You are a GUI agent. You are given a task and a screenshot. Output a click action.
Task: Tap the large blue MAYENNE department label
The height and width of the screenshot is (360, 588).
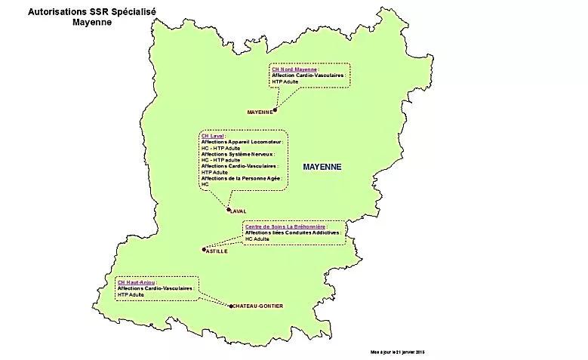click(322, 167)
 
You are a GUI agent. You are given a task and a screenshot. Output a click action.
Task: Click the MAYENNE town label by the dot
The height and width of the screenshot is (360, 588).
click(259, 112)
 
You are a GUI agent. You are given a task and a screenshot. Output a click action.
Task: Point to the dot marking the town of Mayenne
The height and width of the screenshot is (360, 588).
click(276, 110)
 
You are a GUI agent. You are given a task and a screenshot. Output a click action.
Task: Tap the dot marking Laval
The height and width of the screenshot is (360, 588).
click(229, 210)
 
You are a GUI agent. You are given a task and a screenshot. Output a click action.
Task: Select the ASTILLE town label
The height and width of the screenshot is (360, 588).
click(216, 251)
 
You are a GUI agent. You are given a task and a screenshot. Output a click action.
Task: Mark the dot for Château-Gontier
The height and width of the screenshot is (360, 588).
click(231, 306)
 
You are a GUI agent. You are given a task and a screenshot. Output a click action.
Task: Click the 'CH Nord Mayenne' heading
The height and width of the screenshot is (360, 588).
click(294, 69)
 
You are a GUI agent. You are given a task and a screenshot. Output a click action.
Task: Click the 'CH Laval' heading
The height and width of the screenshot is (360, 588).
click(213, 137)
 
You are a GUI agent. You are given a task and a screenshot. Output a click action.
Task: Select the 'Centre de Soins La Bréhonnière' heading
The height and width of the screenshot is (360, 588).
click(285, 226)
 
